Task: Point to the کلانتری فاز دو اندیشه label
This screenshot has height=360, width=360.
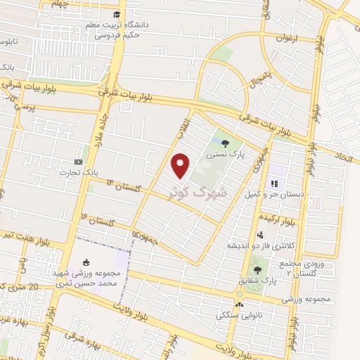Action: pyautogui.click(x=259, y=246)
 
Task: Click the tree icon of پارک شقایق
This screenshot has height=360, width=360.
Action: pyautogui.click(x=258, y=268)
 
